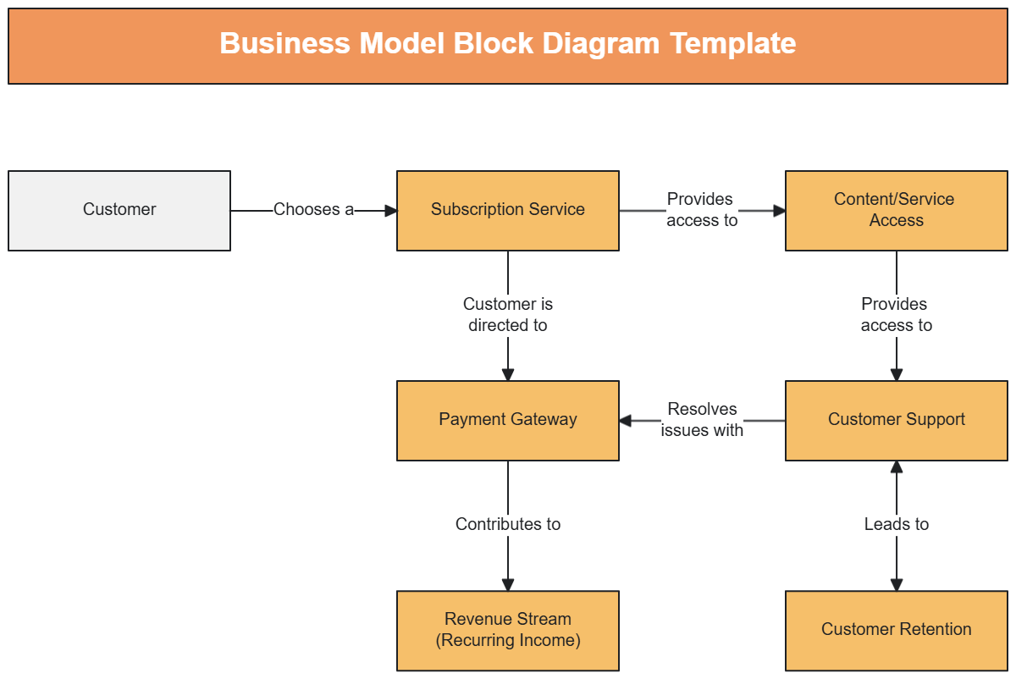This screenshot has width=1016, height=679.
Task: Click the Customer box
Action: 119,210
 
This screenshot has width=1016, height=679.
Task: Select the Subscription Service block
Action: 507,210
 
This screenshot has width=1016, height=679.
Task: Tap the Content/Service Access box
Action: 896,210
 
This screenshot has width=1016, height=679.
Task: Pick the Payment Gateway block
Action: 507,420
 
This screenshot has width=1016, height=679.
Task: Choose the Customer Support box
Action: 896,420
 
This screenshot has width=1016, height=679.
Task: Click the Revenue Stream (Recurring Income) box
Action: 507,630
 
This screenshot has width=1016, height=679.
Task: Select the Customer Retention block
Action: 896,630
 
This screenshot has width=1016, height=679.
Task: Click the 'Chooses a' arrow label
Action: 313,210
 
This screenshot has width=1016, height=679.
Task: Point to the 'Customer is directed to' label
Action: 508,315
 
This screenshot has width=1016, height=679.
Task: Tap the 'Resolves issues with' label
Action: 702,420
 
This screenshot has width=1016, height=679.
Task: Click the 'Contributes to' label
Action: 508,525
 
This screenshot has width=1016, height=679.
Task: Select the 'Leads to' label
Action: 896,525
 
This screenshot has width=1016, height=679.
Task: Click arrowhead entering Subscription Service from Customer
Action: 391,211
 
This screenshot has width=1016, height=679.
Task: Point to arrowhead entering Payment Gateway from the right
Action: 626,421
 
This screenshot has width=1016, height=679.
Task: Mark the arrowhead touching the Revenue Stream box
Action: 508,584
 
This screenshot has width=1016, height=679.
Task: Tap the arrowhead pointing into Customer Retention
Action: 897,584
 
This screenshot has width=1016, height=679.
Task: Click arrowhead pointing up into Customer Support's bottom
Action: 897,467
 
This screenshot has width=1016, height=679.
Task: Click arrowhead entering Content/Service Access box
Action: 780,211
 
